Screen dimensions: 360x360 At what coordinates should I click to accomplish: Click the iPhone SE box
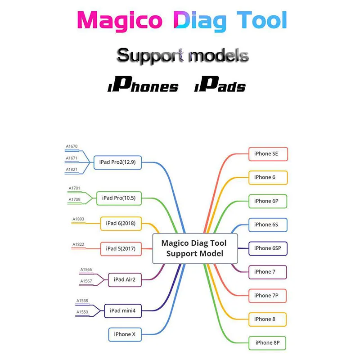268,153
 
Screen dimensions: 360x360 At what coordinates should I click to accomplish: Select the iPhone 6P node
268,201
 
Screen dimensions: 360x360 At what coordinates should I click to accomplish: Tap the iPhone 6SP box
268,248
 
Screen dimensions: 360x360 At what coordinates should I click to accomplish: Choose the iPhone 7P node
268,295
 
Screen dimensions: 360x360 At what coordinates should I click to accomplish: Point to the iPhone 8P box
268,342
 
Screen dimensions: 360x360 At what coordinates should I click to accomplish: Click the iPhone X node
125,334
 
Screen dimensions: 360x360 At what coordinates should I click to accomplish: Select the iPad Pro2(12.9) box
117,162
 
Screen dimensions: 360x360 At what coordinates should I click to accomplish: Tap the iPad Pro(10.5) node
119,198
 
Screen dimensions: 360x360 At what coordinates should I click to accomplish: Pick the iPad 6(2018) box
121,223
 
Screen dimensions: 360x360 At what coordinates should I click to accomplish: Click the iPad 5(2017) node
121,248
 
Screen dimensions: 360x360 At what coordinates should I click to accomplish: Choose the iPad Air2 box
125,279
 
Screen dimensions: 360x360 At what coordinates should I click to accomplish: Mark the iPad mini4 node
123,310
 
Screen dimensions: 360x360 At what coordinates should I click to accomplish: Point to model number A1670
72,146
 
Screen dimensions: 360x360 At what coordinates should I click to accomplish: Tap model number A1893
78,220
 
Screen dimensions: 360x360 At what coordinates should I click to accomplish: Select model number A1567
86,281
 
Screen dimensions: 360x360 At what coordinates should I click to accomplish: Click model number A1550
82,312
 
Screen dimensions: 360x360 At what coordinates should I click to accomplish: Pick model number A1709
75,199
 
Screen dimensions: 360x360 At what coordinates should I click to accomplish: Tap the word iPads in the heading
220,86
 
